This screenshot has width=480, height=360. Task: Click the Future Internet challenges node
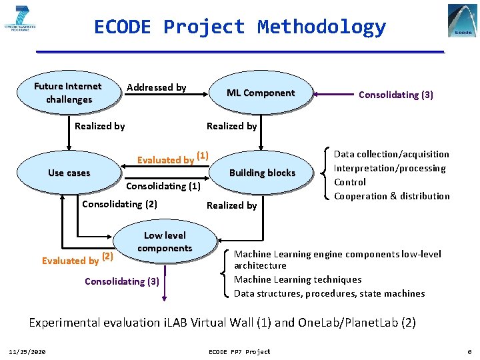click(x=68, y=93)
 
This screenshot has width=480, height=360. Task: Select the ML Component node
click(x=260, y=93)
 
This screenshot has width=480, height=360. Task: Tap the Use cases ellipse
click(x=69, y=173)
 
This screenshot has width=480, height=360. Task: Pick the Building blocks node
click(x=262, y=173)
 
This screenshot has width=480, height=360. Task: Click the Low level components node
click(x=165, y=242)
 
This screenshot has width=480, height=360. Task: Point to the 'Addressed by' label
click(x=156, y=87)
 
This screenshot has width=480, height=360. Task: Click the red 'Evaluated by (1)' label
click(x=173, y=159)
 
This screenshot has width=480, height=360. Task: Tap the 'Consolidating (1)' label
click(x=163, y=187)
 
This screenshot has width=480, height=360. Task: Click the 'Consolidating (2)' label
click(x=119, y=204)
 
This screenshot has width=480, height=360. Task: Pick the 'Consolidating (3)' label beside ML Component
click(x=395, y=95)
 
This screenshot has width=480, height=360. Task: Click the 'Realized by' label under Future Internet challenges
click(x=99, y=126)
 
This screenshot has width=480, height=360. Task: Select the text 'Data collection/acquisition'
click(x=391, y=154)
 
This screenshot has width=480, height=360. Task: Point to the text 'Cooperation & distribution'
click(x=391, y=196)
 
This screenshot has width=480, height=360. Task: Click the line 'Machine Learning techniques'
click(x=297, y=279)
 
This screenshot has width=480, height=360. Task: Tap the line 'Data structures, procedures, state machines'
click(x=329, y=293)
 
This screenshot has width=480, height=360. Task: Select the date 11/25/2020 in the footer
click(x=27, y=351)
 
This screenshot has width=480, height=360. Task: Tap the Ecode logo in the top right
click(x=462, y=21)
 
